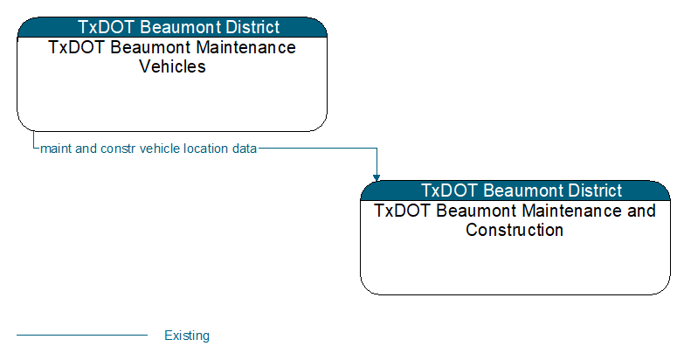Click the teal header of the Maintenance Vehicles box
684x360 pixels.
[172, 27]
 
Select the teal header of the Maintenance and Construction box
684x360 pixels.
[515, 190]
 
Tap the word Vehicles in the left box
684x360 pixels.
[172, 66]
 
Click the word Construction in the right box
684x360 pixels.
[515, 230]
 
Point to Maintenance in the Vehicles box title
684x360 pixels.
[246, 47]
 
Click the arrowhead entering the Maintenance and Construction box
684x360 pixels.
[377, 177]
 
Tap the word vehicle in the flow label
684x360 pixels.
[160, 149]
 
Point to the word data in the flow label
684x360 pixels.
[245, 149]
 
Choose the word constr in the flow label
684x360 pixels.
[118, 149]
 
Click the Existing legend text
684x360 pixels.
[187, 336]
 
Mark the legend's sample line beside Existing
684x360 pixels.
[82, 336]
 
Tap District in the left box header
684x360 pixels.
[253, 27]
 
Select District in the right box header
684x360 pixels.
[596, 190]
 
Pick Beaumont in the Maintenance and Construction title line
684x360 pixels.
[477, 211]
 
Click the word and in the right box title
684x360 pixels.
[641, 211]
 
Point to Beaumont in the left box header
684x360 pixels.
[181, 27]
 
